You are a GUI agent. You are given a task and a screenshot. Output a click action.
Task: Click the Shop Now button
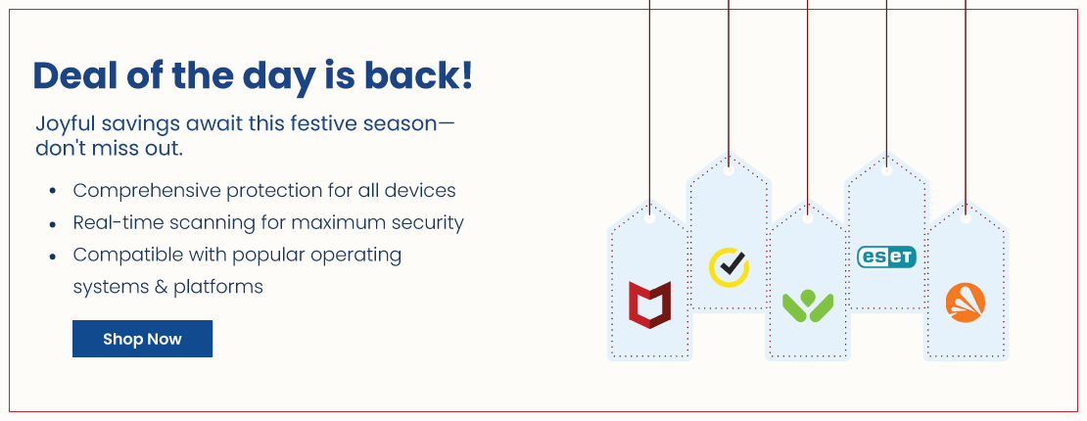(142, 339)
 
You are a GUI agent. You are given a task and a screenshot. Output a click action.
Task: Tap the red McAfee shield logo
(649, 304)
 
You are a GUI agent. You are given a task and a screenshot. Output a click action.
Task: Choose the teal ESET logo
(886, 257)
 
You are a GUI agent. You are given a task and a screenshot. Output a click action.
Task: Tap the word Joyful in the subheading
(66, 125)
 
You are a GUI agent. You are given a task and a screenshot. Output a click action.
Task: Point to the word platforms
(217, 287)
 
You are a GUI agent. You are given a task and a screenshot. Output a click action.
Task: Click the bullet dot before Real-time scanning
(53, 224)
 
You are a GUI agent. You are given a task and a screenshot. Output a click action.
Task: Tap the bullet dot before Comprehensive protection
(53, 192)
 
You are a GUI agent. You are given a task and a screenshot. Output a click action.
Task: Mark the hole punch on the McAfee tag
(649, 217)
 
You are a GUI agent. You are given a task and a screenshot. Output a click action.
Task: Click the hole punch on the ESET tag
(886, 170)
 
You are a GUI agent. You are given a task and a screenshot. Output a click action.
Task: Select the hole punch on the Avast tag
(966, 217)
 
